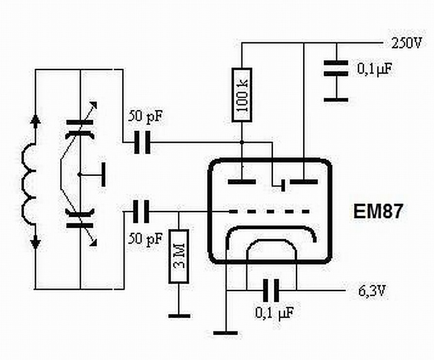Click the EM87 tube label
coord(377,212)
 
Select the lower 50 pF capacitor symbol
coord(142,212)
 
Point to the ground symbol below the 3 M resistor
coord(179,316)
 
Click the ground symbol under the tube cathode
coord(225,333)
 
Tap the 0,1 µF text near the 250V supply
coord(374,69)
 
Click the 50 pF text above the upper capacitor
coord(144,117)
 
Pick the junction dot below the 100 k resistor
coord(241,142)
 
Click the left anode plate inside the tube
coord(241,182)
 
